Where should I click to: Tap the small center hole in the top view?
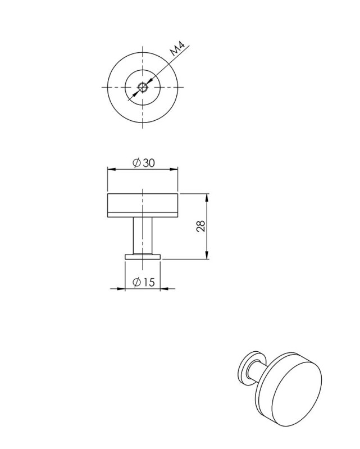[143, 87]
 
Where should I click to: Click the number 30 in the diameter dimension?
[149, 163]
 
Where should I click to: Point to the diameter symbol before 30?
[136, 163]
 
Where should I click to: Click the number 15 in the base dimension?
[148, 283]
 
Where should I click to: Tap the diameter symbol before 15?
[136, 283]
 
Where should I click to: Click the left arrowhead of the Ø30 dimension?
[111, 169]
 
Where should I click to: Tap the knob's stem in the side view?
[143, 236]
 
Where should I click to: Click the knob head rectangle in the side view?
[143, 203]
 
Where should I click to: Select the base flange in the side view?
[143, 257]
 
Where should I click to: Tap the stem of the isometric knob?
[259, 373]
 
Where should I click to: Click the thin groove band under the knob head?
[143, 215]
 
